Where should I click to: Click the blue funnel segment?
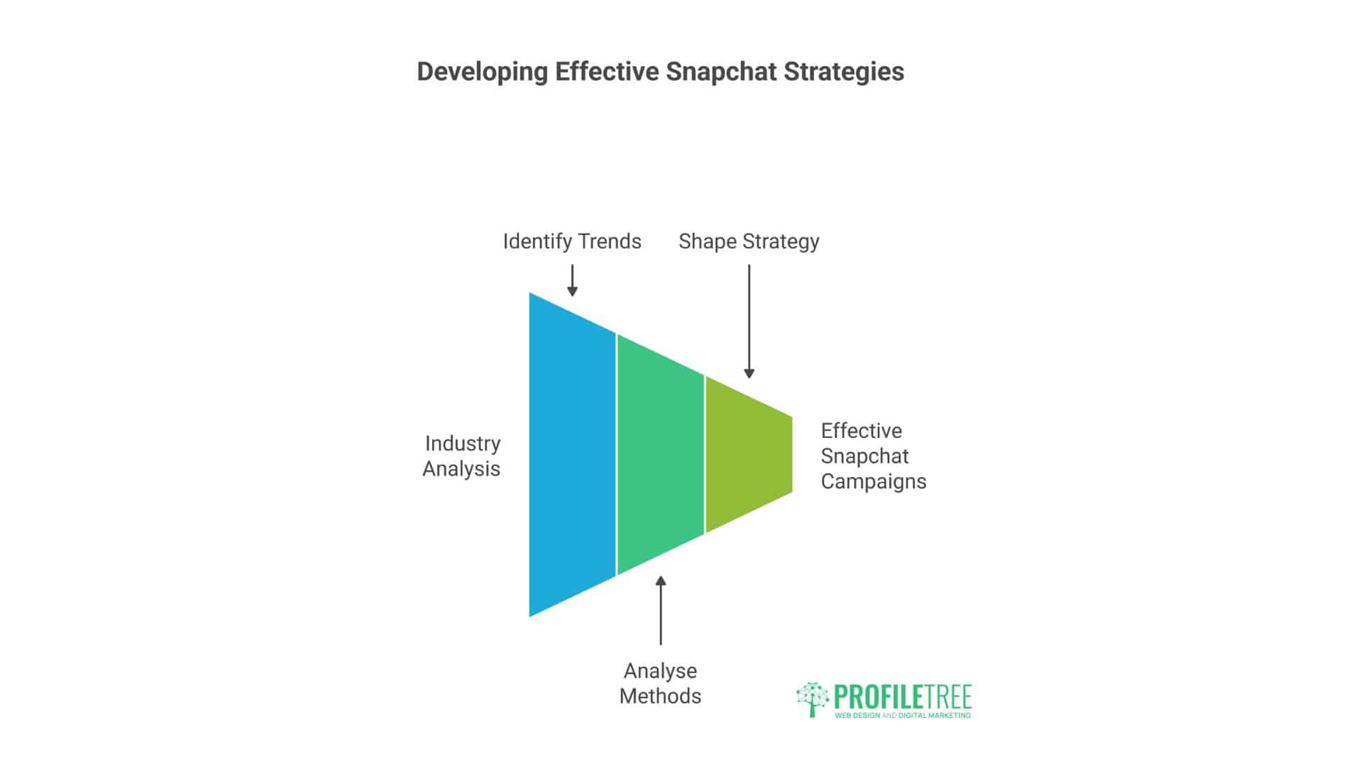click(x=572, y=455)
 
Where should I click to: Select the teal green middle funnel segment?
click(x=660, y=455)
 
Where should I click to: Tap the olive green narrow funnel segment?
click(x=748, y=455)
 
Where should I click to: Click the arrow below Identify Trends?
click(x=572, y=280)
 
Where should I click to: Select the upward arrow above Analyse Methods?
click(x=660, y=610)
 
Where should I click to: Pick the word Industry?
click(x=462, y=444)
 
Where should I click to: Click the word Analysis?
click(x=461, y=469)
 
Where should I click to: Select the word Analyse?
click(x=660, y=671)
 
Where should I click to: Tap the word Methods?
click(x=660, y=696)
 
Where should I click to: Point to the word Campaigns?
click(x=873, y=481)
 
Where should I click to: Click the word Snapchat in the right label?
click(x=864, y=456)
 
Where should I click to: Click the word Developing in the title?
click(x=482, y=72)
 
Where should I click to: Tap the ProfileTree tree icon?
click(x=812, y=699)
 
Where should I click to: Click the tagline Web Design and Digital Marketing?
click(x=902, y=715)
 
